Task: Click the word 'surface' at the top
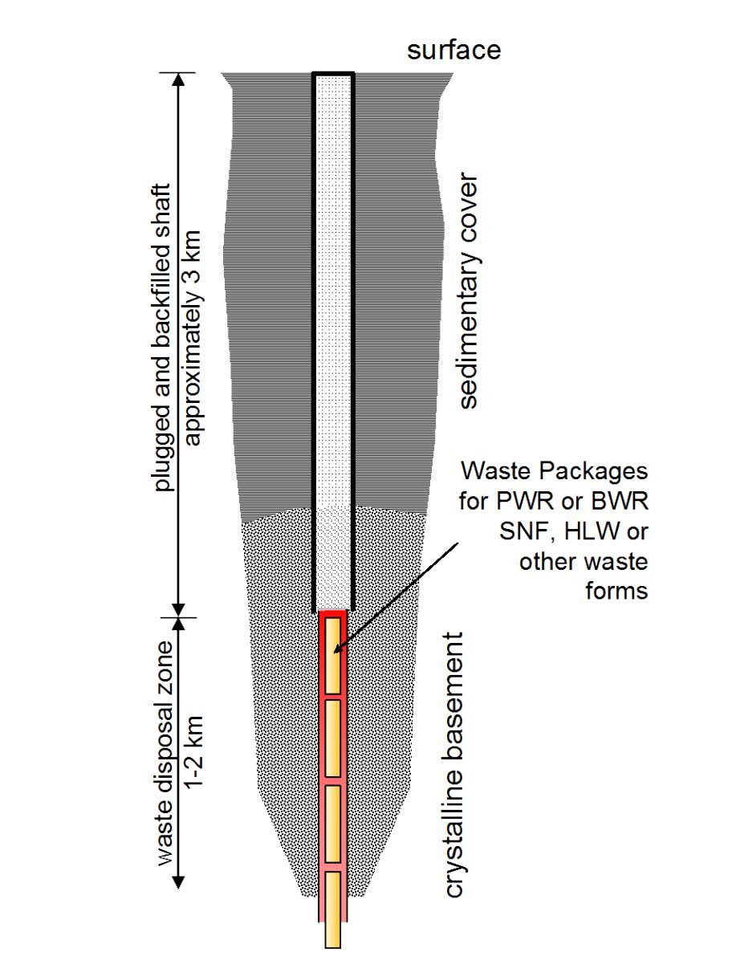coord(453,50)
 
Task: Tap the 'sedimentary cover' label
coord(468,290)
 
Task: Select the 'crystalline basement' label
coord(454,765)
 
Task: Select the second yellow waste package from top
coord(333,737)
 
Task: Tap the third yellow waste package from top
coord(333,824)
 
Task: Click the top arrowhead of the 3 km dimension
coord(179,79)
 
